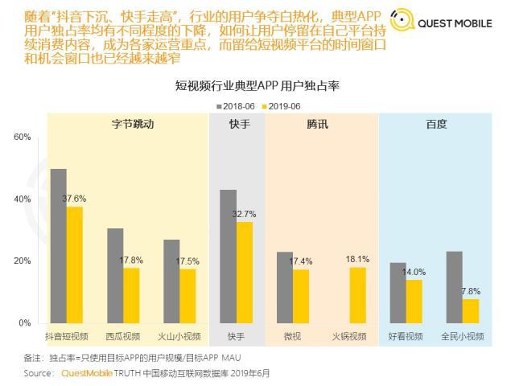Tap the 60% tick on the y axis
22,138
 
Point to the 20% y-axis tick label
22,261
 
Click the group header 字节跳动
132,125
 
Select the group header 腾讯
317,125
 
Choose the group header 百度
436,125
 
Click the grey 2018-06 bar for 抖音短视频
58,245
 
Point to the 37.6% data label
74,199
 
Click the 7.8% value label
472,291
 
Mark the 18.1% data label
357,259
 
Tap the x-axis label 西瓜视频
123,336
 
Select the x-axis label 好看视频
406,336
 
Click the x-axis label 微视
293,336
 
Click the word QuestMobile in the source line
84,373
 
